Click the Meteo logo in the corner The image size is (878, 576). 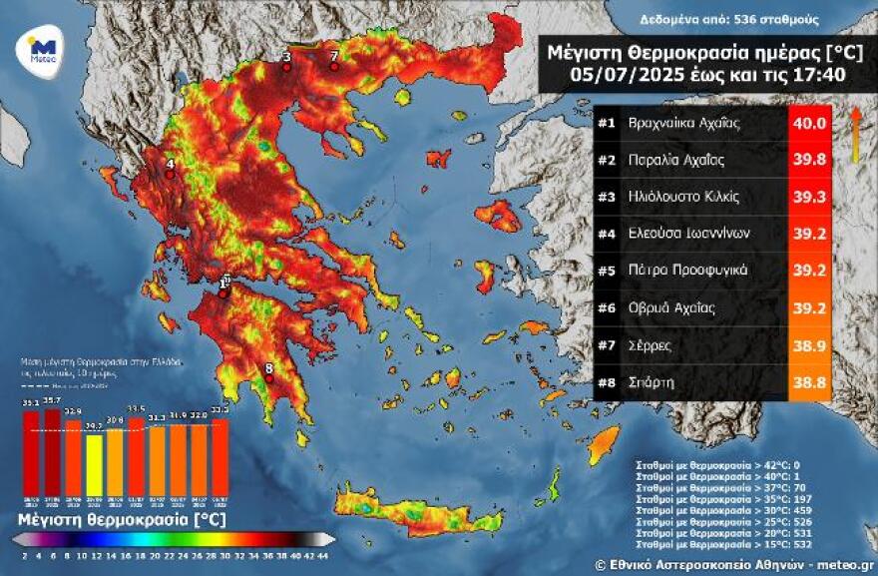(41, 48)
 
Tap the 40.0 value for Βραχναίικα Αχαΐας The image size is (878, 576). (808, 124)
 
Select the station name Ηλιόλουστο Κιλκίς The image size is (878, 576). (682, 196)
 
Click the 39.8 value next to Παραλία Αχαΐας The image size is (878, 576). (808, 160)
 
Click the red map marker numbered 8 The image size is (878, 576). (268, 378)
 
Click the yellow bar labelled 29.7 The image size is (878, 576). (94, 464)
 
